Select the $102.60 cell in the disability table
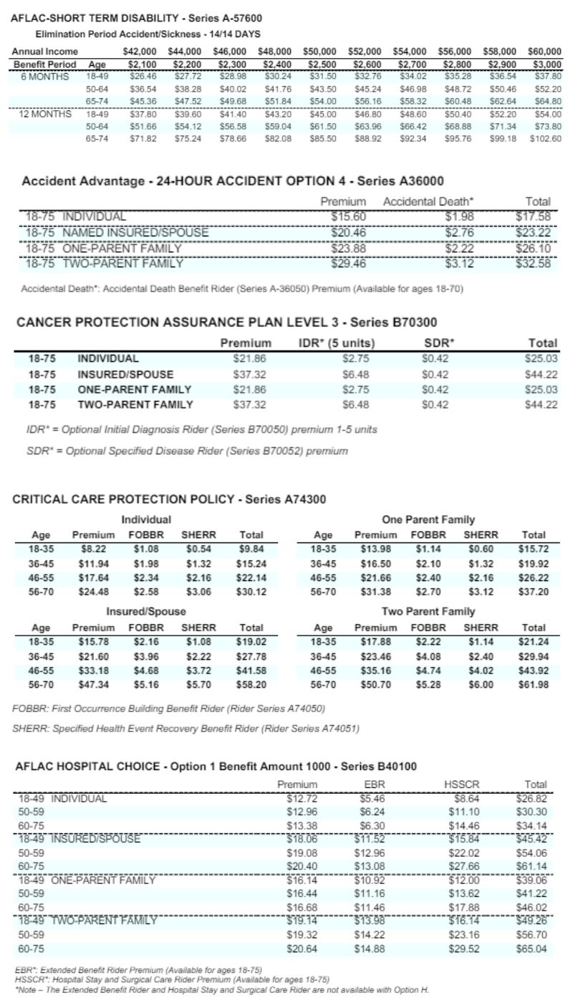(x=545, y=138)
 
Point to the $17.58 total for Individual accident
(x=533, y=216)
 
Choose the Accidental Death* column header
(x=428, y=202)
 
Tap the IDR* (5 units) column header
(x=337, y=343)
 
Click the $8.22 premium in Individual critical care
(x=93, y=549)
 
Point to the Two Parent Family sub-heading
(x=428, y=611)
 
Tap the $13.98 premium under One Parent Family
(x=375, y=549)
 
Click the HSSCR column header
(x=454, y=785)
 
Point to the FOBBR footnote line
(x=169, y=709)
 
